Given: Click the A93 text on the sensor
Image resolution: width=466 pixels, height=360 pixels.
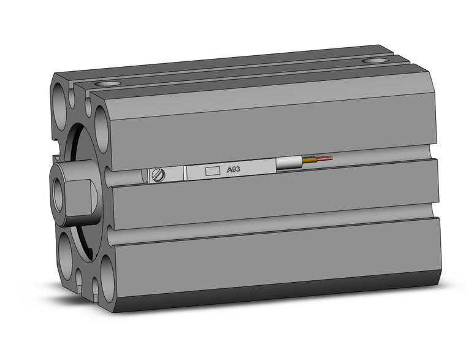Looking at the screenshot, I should (233, 170).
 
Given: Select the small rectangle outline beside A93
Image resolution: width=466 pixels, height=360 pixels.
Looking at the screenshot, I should (212, 171).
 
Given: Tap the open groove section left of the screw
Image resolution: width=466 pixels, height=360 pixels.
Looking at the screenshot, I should (126, 178).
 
